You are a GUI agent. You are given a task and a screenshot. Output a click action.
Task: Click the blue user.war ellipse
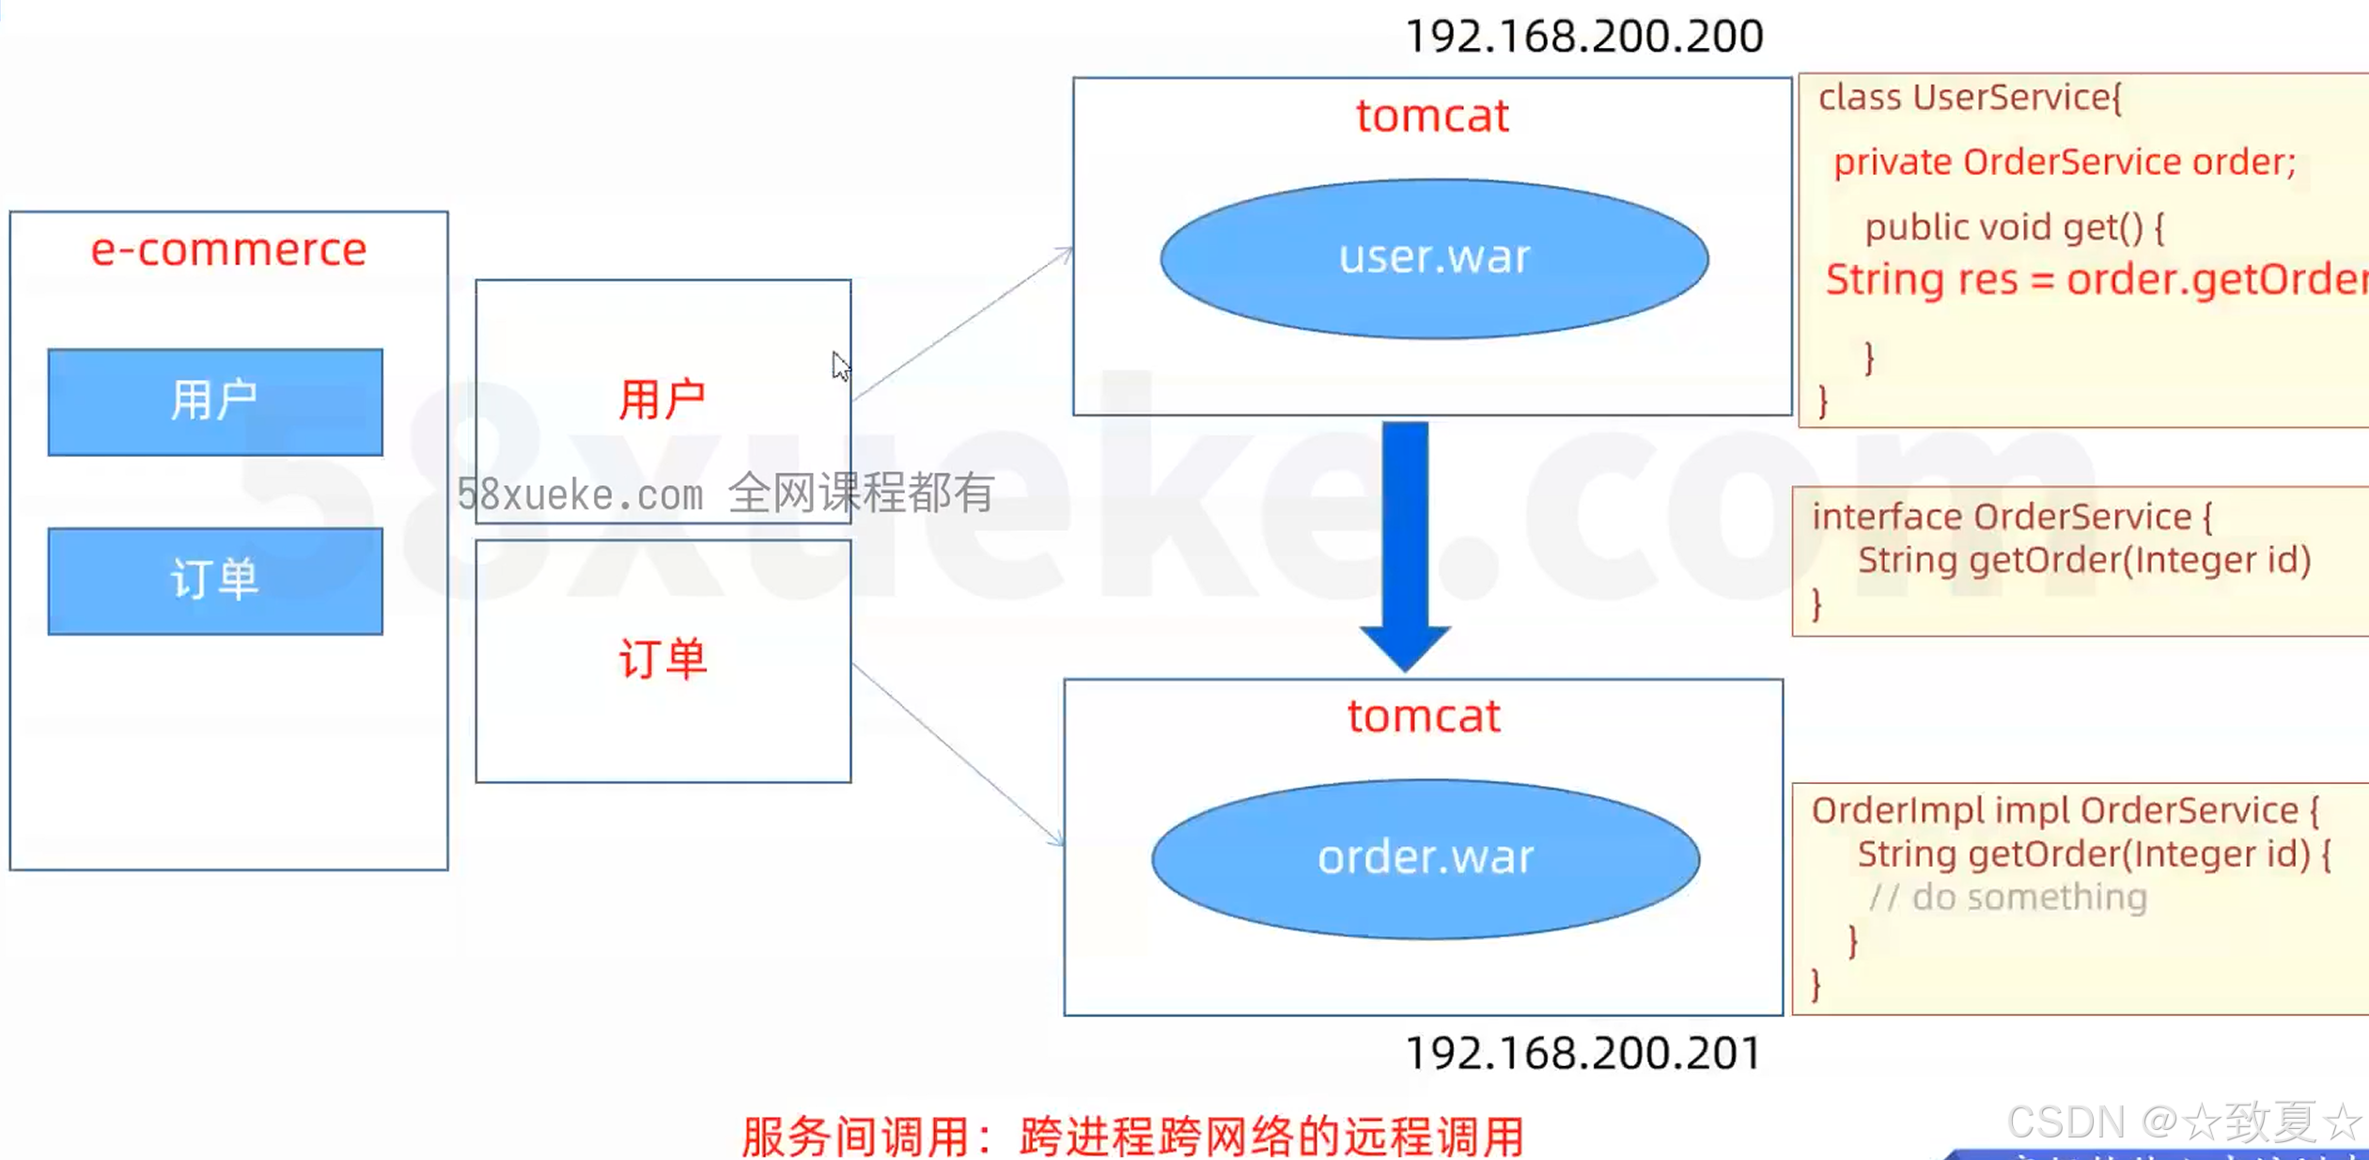(1434, 259)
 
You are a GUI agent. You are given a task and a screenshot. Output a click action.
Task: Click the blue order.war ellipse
(1426, 858)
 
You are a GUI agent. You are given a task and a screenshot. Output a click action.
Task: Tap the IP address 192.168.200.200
(1583, 37)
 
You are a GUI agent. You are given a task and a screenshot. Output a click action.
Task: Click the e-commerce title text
(228, 249)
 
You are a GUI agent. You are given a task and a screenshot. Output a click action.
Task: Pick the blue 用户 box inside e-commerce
(215, 401)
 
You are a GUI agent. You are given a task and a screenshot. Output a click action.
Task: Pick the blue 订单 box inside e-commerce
(215, 580)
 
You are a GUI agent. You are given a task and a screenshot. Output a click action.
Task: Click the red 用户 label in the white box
(662, 400)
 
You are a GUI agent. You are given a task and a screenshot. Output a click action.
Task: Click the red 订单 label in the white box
(662, 659)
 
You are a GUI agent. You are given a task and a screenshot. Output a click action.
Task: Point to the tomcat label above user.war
(1432, 116)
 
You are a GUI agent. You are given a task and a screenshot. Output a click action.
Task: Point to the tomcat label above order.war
(1424, 716)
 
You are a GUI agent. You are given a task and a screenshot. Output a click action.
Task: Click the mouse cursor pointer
(840, 366)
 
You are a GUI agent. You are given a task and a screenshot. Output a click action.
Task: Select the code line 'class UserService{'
(1970, 98)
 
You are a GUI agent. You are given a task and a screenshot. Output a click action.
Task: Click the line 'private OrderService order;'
(2064, 162)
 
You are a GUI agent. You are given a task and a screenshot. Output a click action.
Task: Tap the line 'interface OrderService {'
(2011, 516)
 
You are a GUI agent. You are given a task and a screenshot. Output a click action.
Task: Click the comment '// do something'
(2007, 897)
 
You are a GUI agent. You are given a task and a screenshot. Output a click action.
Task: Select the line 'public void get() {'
(2014, 227)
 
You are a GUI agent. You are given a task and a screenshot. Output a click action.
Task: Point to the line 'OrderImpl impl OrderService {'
(2065, 810)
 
